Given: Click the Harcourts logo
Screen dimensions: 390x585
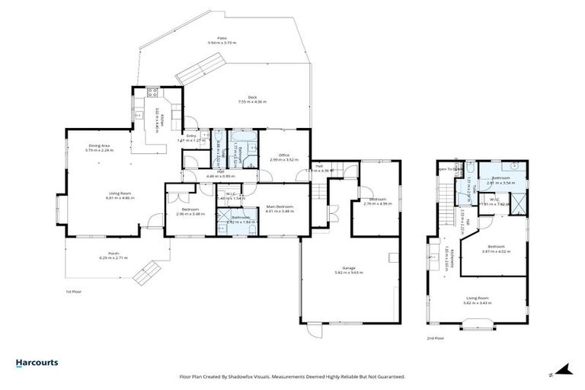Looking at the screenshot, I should click(x=37, y=363).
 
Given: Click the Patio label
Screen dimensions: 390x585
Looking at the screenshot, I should click(x=222, y=38).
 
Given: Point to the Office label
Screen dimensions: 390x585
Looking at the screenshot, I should click(x=283, y=155).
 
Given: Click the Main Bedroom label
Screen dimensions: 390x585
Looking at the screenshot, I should click(x=279, y=206).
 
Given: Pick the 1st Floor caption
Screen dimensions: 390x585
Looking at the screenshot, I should click(x=73, y=291).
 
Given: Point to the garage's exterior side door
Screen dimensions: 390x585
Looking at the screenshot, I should click(x=313, y=334).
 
